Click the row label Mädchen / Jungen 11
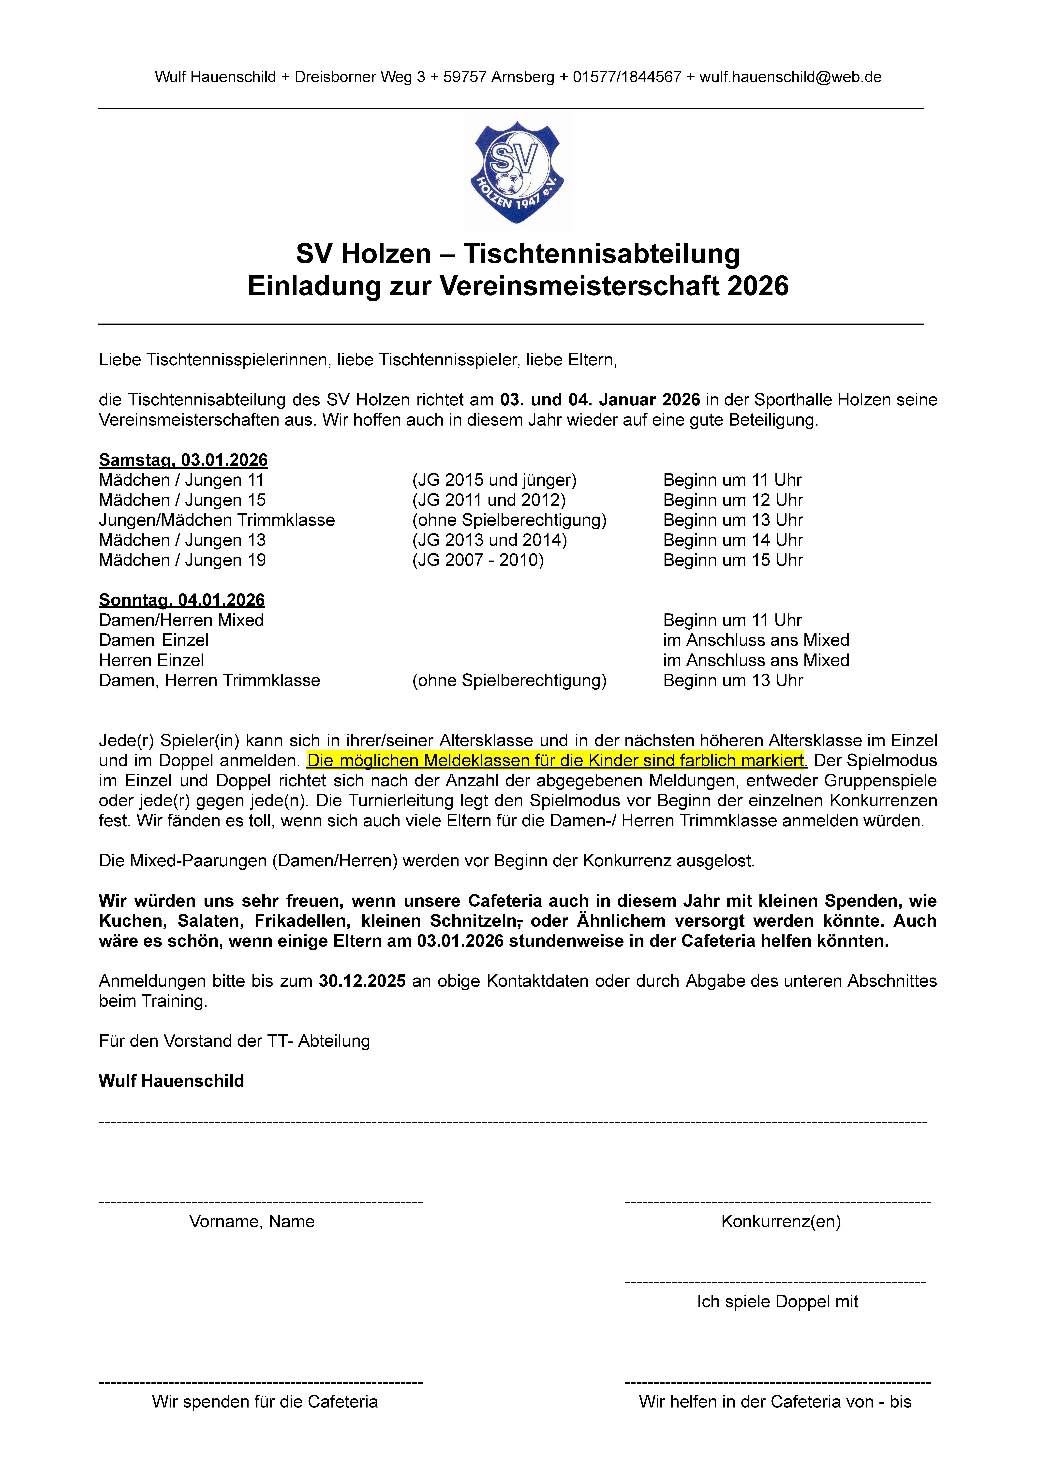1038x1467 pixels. pos(181,480)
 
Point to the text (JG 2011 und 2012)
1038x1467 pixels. pos(489,500)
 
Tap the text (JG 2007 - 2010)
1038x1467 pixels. pos(478,560)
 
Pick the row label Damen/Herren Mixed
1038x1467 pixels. pos(181,620)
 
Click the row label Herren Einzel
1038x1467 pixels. pos(151,660)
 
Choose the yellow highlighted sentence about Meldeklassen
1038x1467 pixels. pos(556,761)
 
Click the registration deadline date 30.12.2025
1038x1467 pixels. pos(362,981)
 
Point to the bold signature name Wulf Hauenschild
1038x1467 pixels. pos(171,1081)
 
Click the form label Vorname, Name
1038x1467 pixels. pos(252,1222)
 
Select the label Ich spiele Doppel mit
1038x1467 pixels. pos(777,1301)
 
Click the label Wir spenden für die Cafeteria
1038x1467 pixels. pos(265,1402)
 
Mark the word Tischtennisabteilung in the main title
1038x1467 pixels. pos(601,254)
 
